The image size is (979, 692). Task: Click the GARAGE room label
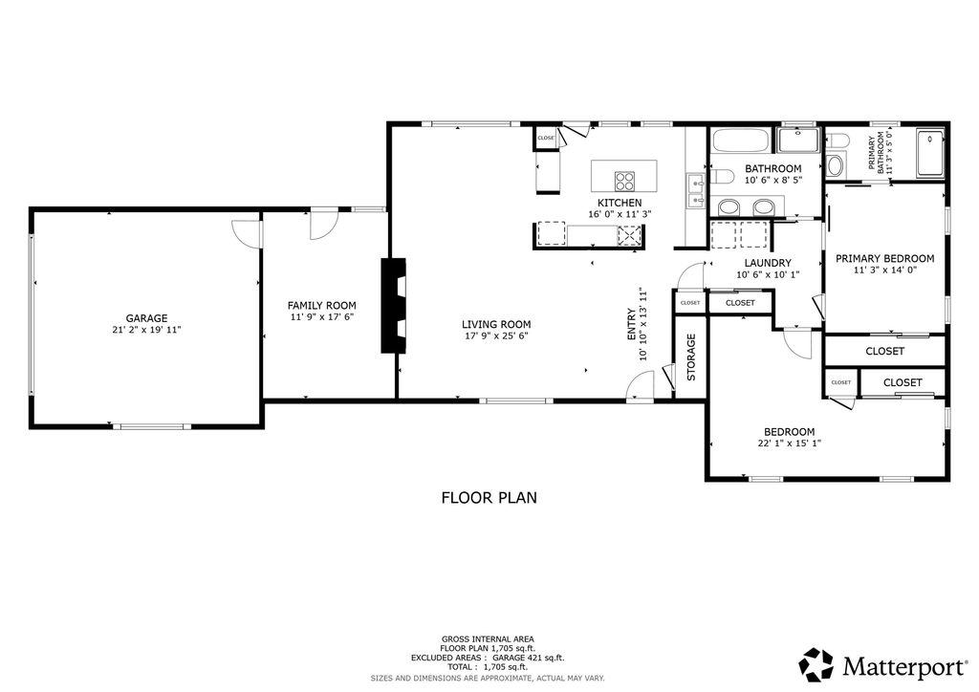click(146, 318)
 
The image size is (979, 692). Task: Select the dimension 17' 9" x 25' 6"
click(496, 335)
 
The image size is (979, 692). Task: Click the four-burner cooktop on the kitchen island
click(625, 181)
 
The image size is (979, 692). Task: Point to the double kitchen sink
click(695, 190)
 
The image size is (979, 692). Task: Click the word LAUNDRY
click(768, 263)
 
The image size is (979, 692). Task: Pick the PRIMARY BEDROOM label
click(884, 258)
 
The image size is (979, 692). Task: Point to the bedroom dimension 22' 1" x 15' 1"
click(789, 443)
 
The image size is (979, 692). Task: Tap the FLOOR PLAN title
click(489, 497)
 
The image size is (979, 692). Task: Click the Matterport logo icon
click(816, 663)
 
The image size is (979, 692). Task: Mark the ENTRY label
click(632, 325)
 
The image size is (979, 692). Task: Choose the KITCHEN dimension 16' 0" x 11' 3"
click(620, 214)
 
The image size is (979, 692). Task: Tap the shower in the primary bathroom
click(930, 154)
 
